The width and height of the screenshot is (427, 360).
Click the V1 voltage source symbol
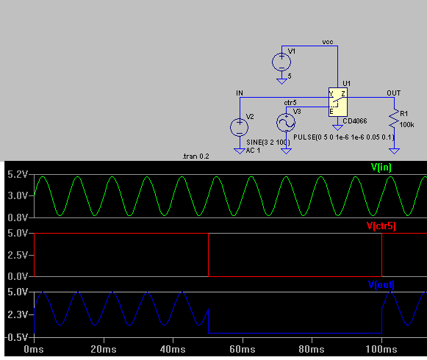(x=281, y=62)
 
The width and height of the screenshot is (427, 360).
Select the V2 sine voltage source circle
(x=239, y=127)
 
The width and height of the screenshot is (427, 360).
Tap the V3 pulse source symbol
(x=286, y=123)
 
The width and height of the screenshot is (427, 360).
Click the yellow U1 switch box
(x=337, y=102)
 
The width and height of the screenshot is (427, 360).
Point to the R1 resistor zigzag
(x=394, y=118)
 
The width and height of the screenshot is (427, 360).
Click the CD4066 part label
(x=355, y=121)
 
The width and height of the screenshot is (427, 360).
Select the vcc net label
(x=328, y=42)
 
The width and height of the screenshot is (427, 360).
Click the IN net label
(x=240, y=93)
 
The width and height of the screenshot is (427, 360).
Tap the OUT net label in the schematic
(x=394, y=93)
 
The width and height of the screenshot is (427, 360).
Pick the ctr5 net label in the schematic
(x=290, y=103)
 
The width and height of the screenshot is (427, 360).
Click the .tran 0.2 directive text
(x=195, y=156)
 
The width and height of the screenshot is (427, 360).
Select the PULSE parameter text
(x=344, y=137)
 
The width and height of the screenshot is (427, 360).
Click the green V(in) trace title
(x=381, y=168)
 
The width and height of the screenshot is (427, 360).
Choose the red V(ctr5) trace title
(x=381, y=226)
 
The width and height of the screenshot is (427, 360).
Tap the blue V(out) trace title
(x=381, y=285)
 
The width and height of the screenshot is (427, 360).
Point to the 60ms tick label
(x=243, y=350)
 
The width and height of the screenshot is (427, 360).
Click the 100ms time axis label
(x=381, y=350)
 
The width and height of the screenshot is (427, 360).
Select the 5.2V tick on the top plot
(x=18, y=175)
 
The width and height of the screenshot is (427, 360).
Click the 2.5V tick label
(x=18, y=255)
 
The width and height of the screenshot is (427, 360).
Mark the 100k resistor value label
(x=407, y=125)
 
